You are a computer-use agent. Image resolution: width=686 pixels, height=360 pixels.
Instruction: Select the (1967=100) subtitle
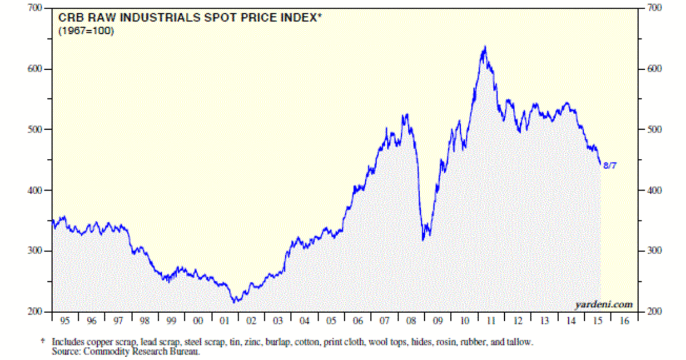tap(86, 31)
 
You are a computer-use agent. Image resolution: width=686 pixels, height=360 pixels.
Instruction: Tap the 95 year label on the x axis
tap(65, 321)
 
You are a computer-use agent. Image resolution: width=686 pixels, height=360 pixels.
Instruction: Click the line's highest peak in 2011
tap(485, 47)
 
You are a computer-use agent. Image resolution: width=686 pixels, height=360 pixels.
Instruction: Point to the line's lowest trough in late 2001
tap(234, 302)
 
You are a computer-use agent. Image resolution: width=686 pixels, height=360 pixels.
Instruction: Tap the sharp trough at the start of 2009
tap(422, 239)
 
